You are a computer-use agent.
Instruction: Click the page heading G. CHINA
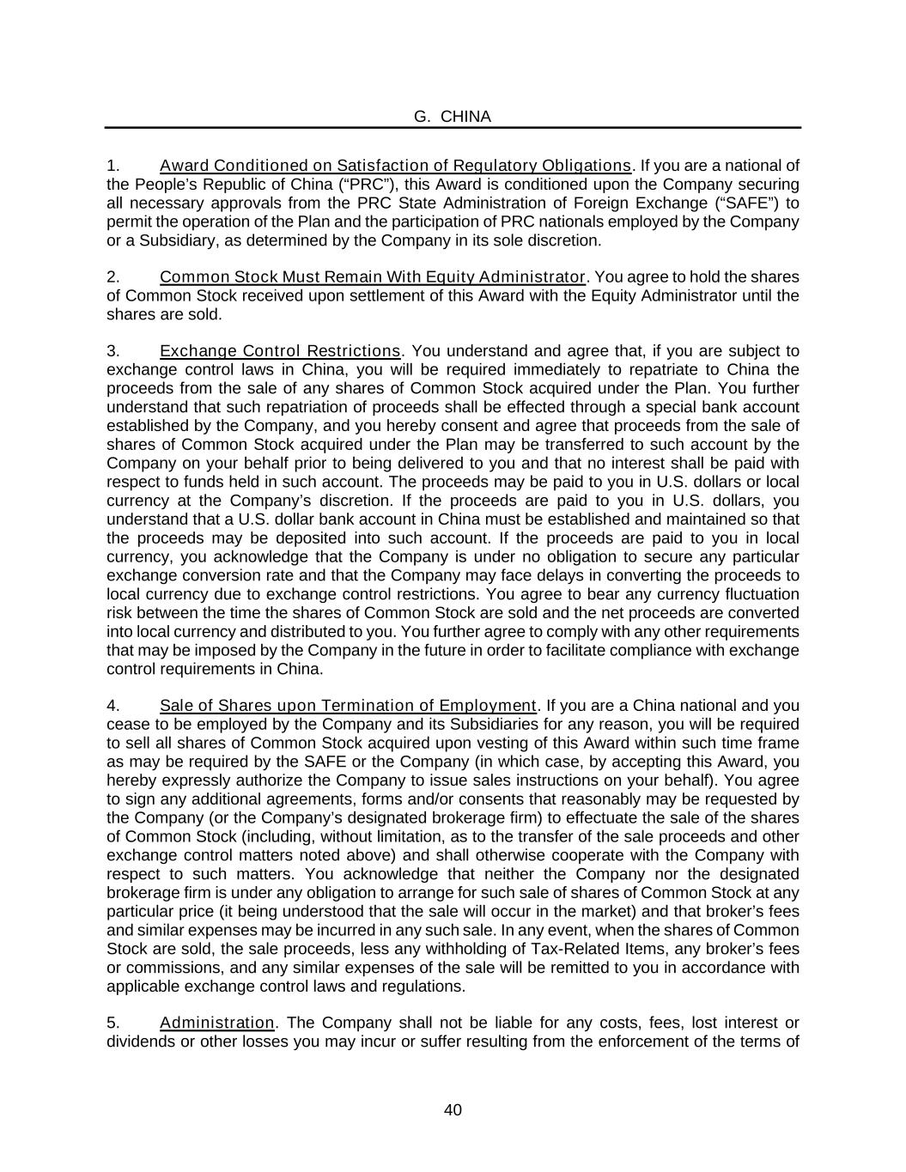(452, 117)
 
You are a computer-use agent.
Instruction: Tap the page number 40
(453, 1110)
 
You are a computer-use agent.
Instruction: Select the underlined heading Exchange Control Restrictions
(280, 351)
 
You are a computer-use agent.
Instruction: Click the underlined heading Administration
(216, 1023)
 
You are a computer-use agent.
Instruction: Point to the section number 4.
(112, 706)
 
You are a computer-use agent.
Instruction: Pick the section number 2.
(112, 277)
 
